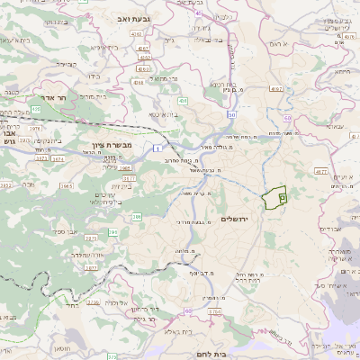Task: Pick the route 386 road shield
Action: (137, 217)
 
